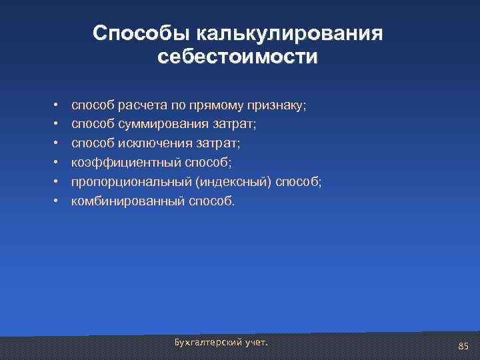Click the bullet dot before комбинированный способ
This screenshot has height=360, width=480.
coord(58,201)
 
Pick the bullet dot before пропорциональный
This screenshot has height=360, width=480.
coord(58,182)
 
